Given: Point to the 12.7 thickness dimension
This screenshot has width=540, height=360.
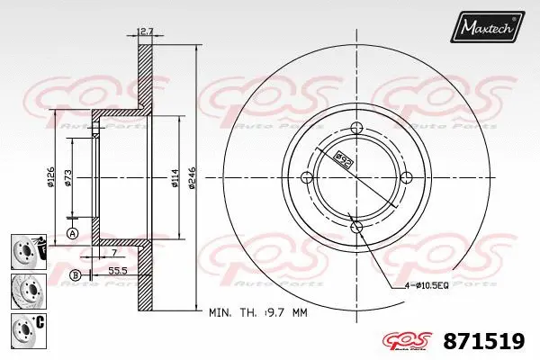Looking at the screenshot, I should [144, 33].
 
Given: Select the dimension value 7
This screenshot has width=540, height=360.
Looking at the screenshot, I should [114, 254].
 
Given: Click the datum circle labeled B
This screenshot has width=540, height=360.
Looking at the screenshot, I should [76, 274].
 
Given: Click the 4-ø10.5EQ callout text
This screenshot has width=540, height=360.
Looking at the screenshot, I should [423, 285].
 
